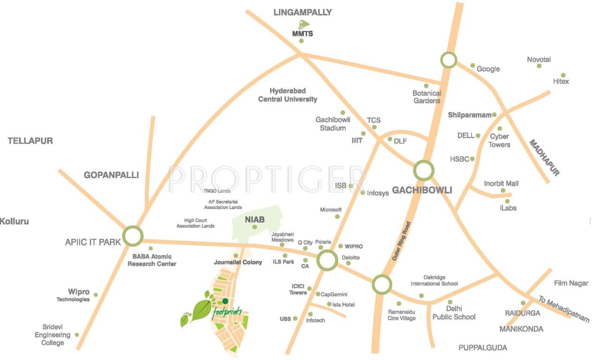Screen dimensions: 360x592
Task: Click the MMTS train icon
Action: (302, 24)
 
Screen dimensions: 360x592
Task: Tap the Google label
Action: (488, 69)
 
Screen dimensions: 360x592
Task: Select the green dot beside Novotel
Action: (539, 66)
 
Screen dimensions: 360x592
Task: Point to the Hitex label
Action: (561, 82)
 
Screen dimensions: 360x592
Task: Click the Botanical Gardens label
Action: (427, 97)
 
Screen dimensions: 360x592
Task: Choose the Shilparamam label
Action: (469, 115)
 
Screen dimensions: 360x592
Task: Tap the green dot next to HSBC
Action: (472, 159)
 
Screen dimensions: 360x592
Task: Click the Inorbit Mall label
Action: (501, 184)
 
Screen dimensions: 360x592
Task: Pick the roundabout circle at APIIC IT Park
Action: (133, 236)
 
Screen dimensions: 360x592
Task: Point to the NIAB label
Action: (255, 219)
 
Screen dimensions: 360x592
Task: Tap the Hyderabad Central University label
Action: (287, 95)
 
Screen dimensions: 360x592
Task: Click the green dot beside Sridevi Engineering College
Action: (77, 335)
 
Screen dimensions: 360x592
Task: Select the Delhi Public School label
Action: (454, 313)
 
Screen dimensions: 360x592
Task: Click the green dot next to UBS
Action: (295, 319)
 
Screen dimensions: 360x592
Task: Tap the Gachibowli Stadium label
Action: (333, 124)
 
